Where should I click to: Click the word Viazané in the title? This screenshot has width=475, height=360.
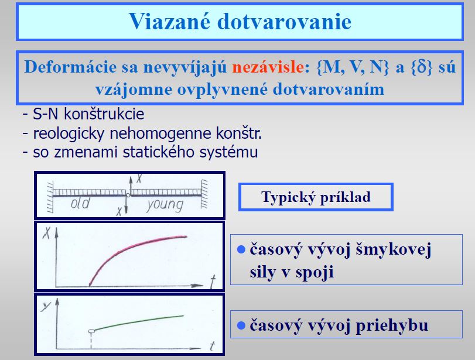click(170, 21)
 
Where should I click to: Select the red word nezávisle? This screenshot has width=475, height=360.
click(268, 67)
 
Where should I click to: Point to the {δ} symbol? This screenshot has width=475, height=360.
click(422, 67)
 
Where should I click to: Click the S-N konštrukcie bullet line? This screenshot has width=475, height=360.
click(83, 114)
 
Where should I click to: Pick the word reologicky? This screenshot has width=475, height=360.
click(69, 134)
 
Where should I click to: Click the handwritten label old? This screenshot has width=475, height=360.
click(80, 204)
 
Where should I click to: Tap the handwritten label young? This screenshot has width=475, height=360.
click(165, 205)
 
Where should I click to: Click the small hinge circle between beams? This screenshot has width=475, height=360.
click(128, 196)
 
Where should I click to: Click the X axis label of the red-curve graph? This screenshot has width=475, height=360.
click(46, 232)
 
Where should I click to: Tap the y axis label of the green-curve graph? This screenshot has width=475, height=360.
click(46, 306)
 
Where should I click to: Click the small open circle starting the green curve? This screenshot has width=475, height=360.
click(91, 331)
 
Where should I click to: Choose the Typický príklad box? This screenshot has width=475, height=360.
click(316, 197)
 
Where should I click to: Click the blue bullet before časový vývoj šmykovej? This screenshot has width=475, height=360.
click(241, 249)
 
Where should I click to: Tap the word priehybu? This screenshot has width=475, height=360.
click(392, 325)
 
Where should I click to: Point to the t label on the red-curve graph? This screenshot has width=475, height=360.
click(213, 282)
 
